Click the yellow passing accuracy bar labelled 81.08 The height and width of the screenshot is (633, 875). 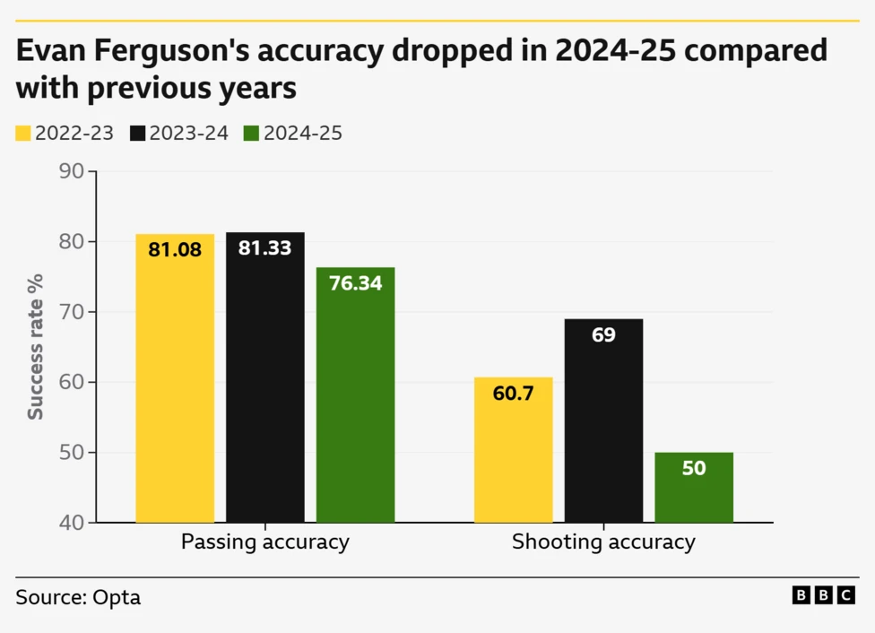pos(175,377)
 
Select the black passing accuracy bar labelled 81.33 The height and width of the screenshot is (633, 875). pos(264,377)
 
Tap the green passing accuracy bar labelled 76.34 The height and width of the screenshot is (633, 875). pos(355,395)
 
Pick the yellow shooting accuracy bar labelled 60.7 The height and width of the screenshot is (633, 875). pos(513,449)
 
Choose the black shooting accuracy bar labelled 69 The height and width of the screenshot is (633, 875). pos(603,421)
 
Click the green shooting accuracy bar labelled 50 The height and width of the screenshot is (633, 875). pos(694,487)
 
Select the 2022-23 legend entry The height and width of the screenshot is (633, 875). pos(65,134)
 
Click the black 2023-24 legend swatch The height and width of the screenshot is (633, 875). pos(137,134)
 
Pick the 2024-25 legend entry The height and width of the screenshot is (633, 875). pos(292,134)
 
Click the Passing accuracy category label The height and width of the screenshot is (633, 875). pos(264,542)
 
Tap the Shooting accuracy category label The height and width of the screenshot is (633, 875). pos(603,542)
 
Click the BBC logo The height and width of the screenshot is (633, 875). pos(823,595)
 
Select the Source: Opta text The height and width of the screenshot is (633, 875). pos(78,597)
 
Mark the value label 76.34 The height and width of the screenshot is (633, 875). pos(355,283)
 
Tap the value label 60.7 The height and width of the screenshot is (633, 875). pos(513,394)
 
